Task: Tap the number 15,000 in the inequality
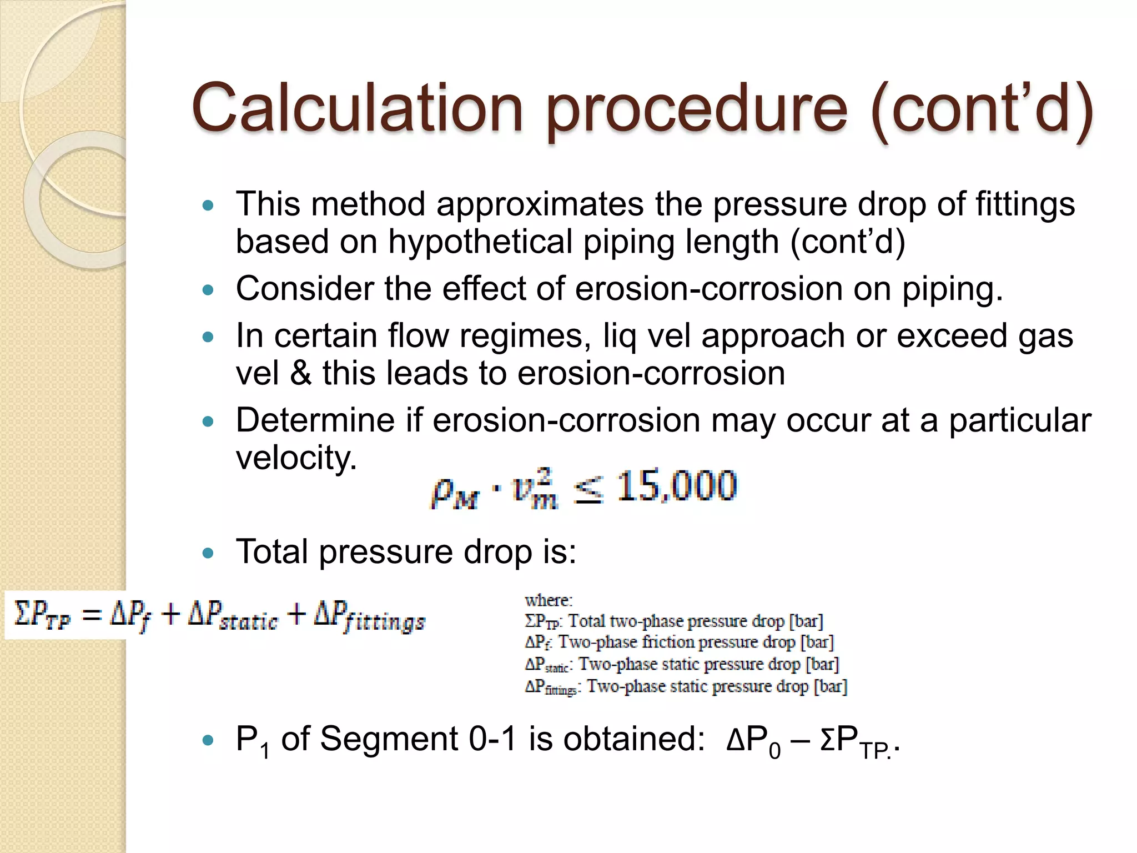(677, 486)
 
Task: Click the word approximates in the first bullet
(544, 204)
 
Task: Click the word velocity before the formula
(296, 459)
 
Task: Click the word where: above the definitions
(549, 600)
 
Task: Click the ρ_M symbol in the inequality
(454, 491)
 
